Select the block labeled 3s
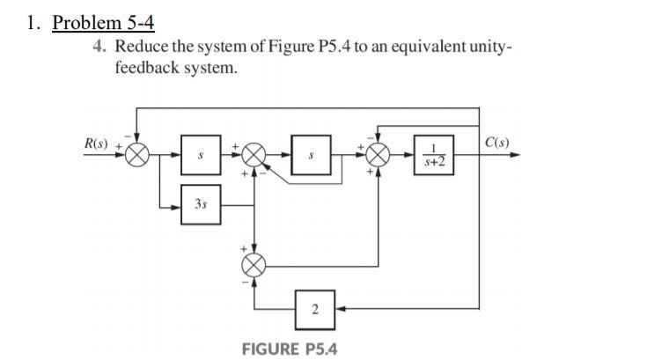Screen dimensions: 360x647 [202, 203]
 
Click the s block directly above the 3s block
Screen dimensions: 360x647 [202, 155]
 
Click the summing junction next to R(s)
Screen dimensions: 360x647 [136, 155]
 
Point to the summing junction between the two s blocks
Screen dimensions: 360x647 [254, 155]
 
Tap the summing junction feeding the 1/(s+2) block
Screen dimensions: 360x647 [379, 155]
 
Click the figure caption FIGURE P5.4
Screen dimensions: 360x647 [289, 349]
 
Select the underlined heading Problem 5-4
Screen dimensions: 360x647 [103, 23]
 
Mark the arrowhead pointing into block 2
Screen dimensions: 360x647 [338, 308]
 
